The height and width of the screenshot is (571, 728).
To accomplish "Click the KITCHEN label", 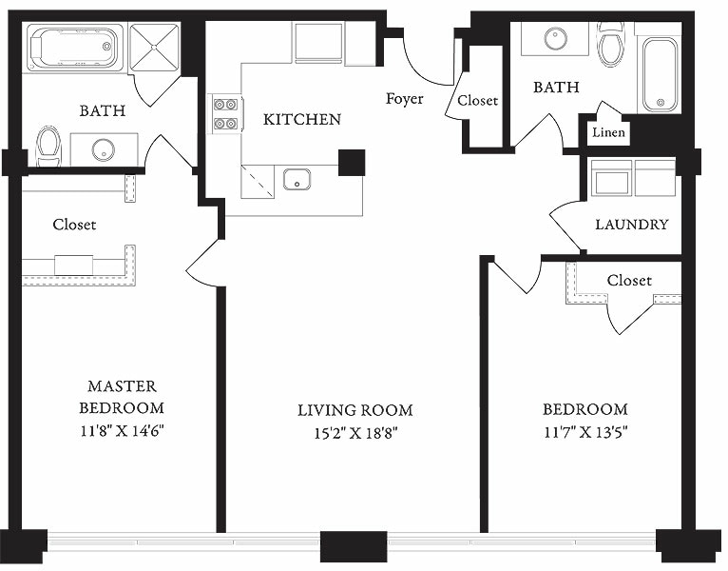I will [301, 120].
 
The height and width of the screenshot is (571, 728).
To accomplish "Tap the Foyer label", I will [404, 99].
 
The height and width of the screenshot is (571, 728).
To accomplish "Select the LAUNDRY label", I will [631, 226].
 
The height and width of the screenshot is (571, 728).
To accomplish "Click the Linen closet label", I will [608, 132].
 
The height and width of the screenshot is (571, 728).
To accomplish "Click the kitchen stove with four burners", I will [225, 113].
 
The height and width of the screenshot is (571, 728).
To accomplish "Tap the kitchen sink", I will [297, 179].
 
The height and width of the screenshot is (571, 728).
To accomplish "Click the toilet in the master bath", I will [48, 148].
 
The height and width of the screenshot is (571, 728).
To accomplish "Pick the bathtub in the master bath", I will [74, 48].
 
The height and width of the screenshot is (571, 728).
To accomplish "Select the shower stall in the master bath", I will [153, 48].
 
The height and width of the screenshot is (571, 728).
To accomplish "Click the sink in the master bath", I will [103, 149].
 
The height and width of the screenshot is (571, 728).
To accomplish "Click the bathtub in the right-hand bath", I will [659, 74].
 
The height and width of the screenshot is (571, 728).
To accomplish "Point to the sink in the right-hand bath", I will [556, 38].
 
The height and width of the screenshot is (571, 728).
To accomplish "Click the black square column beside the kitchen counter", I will [351, 163].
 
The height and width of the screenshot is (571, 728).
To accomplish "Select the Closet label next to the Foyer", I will [477, 101].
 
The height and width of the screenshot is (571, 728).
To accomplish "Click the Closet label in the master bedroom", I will [74, 226].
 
